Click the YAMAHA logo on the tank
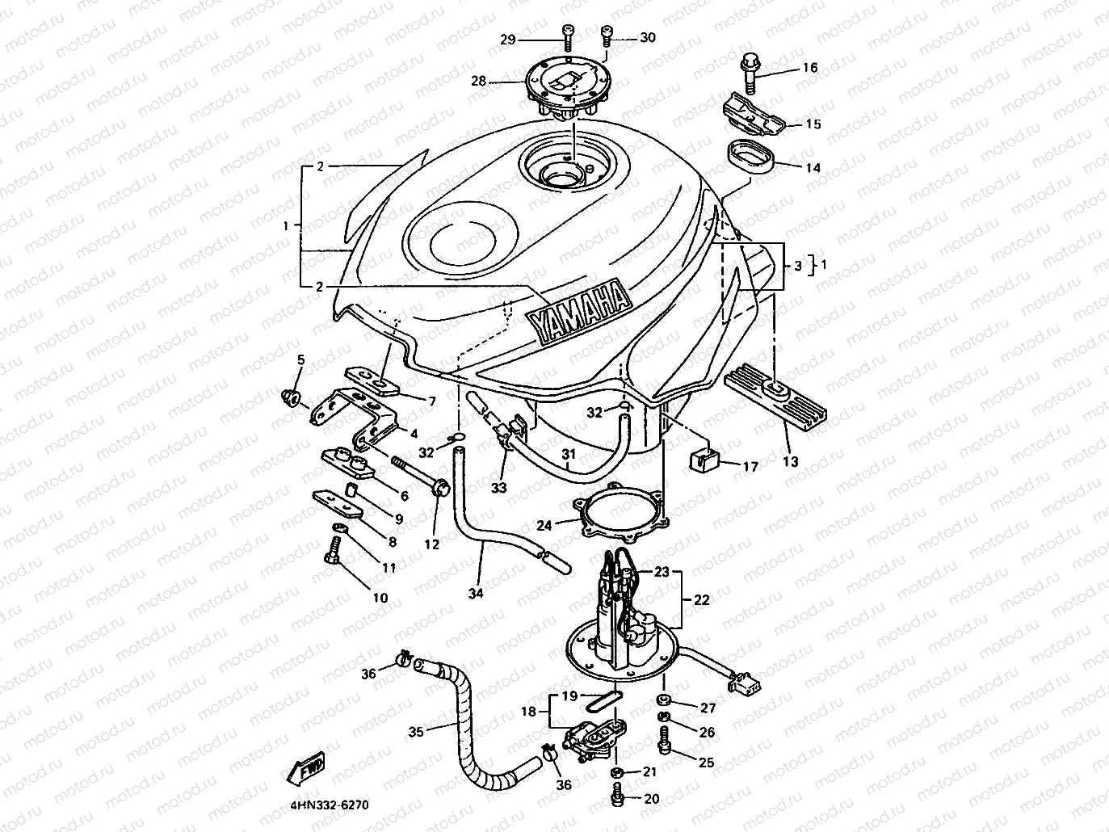coord(577,311)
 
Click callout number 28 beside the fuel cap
coord(479,81)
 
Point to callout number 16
coord(809,68)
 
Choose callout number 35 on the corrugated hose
coord(415,733)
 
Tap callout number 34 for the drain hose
coord(475,594)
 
